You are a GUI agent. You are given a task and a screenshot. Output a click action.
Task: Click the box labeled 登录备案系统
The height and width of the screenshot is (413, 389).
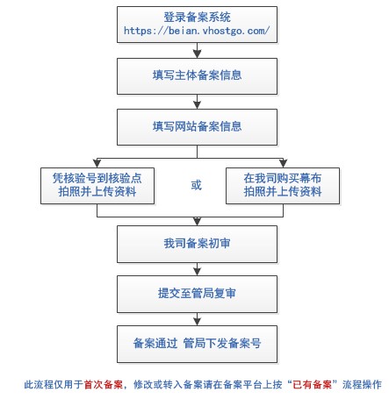coord(197,25)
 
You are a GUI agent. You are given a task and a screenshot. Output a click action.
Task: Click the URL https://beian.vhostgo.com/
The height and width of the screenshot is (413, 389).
coord(197,31)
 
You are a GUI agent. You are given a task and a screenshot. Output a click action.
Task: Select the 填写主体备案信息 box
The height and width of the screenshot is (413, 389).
coord(197,76)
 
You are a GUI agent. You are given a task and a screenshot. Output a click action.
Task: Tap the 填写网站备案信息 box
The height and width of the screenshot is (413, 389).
coord(197,127)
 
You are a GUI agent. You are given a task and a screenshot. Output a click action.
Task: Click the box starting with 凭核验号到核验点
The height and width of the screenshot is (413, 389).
coord(97,186)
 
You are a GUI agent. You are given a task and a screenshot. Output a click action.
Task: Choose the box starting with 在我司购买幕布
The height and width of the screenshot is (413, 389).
coord(283,186)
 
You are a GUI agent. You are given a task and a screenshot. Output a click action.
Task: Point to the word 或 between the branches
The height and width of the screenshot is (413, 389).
coord(197,185)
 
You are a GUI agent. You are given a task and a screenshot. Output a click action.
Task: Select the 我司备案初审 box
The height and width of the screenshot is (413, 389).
coord(197,244)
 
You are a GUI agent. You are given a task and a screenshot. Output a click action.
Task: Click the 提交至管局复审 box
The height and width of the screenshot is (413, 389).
coord(197,294)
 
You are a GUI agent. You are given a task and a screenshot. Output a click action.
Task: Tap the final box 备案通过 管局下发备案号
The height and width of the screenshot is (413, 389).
coord(197,345)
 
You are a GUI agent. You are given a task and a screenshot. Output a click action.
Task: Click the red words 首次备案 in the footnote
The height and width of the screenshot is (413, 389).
coord(104,384)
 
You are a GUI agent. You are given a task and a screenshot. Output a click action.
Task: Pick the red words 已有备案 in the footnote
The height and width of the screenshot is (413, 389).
coord(312,384)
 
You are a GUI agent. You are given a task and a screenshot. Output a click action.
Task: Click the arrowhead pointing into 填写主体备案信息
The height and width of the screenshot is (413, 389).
coord(197,54)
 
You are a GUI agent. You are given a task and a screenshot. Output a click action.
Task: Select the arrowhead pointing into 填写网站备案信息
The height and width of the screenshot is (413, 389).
coord(197,105)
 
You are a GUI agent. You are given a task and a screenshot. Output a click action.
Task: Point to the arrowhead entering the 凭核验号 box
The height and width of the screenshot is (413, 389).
coord(97,163)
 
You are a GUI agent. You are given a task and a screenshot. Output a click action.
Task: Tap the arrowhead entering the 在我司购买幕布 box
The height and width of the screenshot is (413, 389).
coord(283,163)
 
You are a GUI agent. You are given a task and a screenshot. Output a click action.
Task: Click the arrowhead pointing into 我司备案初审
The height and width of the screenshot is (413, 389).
coord(197,222)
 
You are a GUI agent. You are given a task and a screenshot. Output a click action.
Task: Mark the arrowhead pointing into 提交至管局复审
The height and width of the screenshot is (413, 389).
coord(197,272)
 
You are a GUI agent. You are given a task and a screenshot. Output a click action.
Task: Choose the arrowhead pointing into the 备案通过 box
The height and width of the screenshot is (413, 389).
coord(197,322)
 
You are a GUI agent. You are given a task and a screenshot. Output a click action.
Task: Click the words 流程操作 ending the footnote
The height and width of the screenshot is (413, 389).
coord(362,384)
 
